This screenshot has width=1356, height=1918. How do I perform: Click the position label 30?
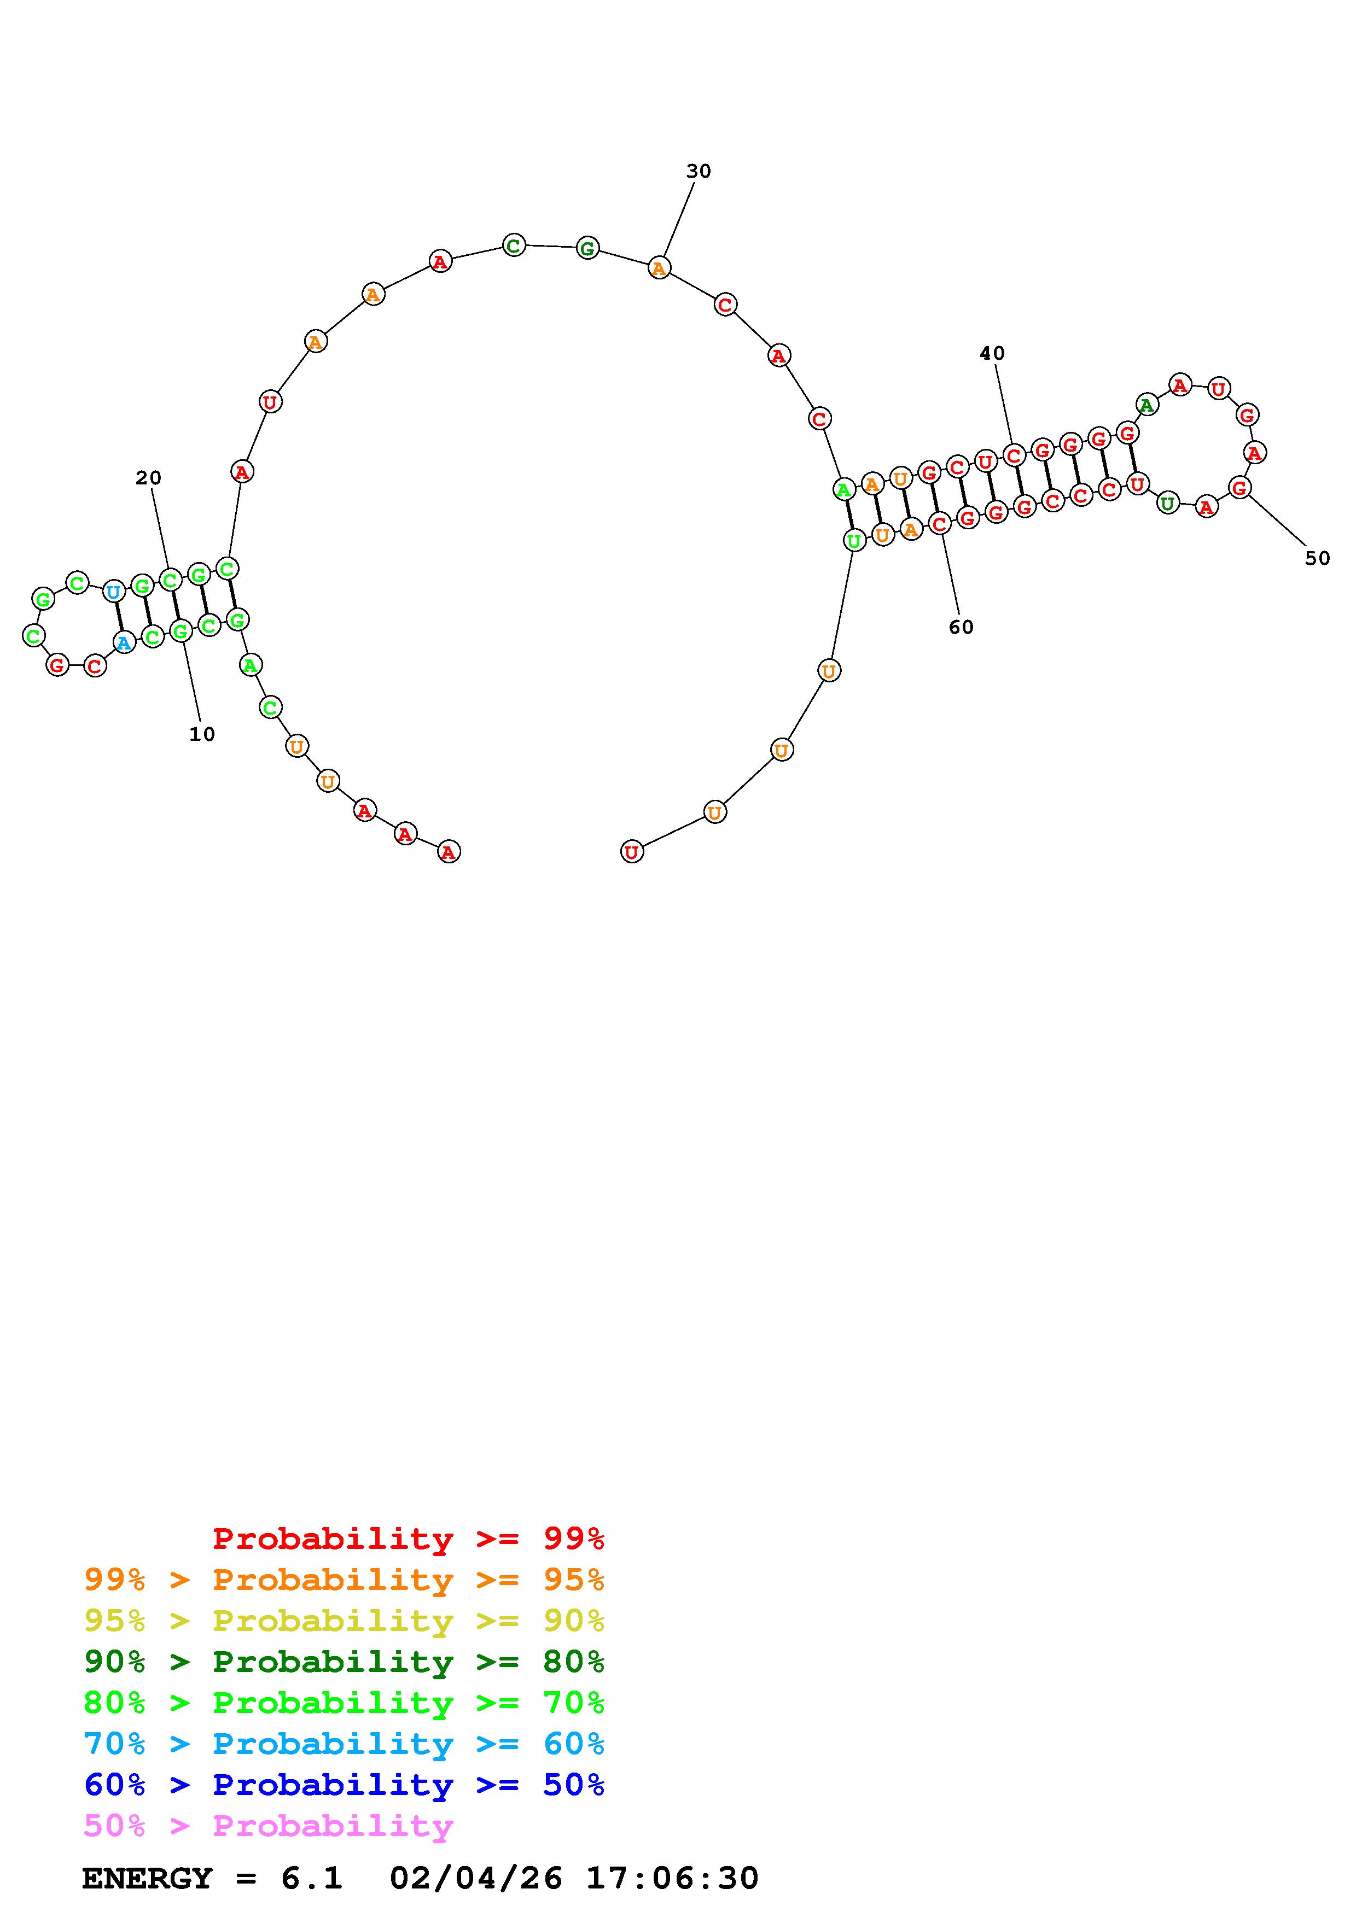point(699,171)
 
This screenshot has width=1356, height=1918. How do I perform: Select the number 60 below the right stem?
point(961,627)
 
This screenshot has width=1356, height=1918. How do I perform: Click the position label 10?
point(202,734)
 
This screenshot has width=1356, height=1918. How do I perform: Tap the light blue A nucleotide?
point(124,642)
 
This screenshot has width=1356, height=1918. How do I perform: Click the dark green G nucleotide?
point(588,248)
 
